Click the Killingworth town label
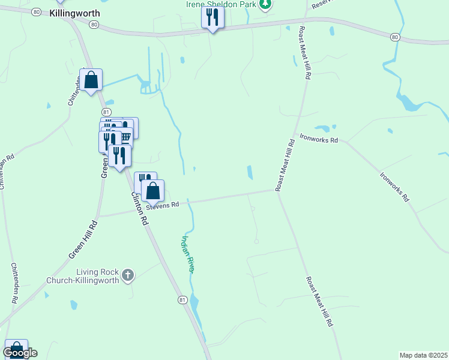(74, 13)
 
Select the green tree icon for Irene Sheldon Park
(265, 4)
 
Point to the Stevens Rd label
(163, 205)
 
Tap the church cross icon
(127, 276)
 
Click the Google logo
(20, 353)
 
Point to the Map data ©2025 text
(424, 355)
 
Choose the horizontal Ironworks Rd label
(319, 139)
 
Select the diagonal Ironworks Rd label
(394, 187)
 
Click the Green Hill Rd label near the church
(82, 239)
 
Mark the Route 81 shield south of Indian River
(182, 299)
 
